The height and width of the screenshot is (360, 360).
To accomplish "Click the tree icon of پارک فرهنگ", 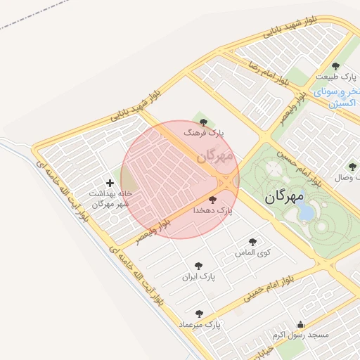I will click(204, 122).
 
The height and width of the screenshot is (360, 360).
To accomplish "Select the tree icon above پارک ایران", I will click(198, 266).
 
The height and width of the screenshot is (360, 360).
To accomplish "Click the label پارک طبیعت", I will click(332, 77).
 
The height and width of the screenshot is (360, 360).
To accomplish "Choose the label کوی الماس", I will click(255, 252).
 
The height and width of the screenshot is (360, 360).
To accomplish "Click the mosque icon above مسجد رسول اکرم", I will click(301, 324).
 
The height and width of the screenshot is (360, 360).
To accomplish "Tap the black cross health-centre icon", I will click(109, 183).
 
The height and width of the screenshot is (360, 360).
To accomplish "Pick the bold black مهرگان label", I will click(285, 197).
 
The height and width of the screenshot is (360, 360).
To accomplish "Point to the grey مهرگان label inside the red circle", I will click(215, 155).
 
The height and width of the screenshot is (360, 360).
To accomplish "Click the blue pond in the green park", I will click(307, 212).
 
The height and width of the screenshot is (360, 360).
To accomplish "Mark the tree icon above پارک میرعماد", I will click(199, 314).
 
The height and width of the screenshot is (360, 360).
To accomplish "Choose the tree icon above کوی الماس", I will click(252, 242).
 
